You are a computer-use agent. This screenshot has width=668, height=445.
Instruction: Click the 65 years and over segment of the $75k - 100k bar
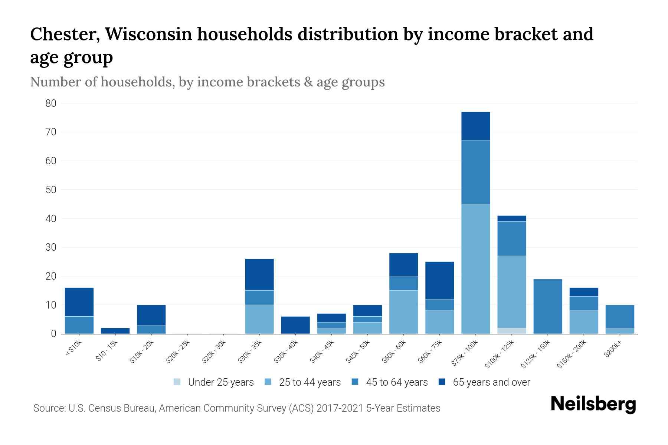click(x=475, y=126)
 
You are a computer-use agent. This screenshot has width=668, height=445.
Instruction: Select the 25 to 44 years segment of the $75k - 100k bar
click(x=475, y=269)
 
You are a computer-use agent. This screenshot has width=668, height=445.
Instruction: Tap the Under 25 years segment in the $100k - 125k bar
click(x=511, y=331)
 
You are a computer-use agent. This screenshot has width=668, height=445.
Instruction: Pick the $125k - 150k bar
click(x=547, y=306)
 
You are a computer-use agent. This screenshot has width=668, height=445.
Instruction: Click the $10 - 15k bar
click(x=115, y=331)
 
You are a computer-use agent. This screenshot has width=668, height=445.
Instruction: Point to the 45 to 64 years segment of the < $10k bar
click(x=79, y=325)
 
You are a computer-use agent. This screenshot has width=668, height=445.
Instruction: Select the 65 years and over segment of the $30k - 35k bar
click(x=259, y=274)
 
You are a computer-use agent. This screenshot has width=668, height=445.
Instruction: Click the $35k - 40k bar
click(x=295, y=325)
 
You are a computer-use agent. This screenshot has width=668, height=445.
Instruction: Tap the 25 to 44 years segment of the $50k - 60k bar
click(x=403, y=312)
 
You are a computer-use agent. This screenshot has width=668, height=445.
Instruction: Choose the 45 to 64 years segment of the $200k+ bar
click(x=619, y=316)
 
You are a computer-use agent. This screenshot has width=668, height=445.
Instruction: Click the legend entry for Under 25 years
click(x=214, y=382)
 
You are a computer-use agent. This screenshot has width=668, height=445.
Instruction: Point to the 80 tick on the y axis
click(x=51, y=103)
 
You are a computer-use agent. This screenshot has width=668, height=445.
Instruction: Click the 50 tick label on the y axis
click(x=51, y=190)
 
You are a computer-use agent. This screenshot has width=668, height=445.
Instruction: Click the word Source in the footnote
click(x=49, y=408)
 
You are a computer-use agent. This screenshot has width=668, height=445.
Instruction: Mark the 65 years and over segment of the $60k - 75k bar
click(x=439, y=280)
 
